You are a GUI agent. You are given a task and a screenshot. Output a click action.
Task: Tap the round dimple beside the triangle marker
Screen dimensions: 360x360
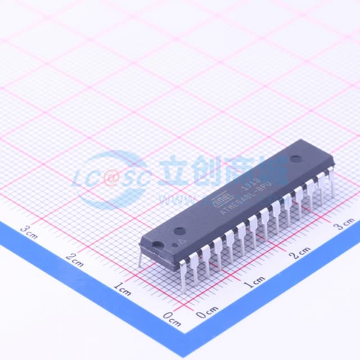(179, 231)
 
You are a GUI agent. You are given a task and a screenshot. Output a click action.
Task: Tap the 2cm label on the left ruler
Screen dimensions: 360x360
(75, 260)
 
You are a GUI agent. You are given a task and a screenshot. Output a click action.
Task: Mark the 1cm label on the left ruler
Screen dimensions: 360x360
(122, 289)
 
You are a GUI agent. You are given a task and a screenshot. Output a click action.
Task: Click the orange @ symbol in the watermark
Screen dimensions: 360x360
(112, 179)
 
